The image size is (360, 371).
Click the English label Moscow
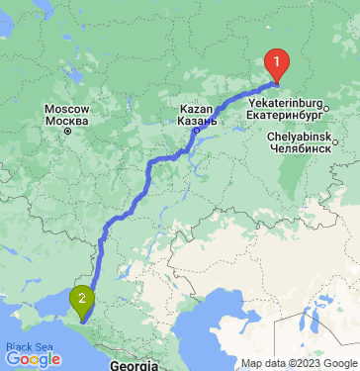(67, 109)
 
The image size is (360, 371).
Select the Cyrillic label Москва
(67, 121)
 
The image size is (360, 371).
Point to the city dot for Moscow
(68, 131)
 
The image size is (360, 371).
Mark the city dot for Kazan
(196, 130)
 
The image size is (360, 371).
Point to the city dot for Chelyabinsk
(336, 141)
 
